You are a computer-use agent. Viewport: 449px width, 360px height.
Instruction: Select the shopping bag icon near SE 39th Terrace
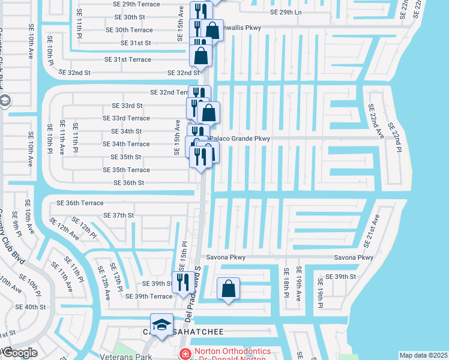[x=228, y=289]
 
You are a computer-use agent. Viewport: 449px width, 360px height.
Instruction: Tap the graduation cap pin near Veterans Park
[x=161, y=325]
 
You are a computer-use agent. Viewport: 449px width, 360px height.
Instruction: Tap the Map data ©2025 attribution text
[x=423, y=355]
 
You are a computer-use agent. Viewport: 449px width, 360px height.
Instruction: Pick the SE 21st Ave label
[x=372, y=231]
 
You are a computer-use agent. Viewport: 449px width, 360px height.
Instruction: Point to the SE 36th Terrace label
[x=80, y=203]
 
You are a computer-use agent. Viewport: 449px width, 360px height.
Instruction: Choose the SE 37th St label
[x=118, y=215]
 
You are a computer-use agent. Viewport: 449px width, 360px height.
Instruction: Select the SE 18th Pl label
[x=287, y=283]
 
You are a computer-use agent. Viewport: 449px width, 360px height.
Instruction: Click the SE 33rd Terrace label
[x=126, y=118]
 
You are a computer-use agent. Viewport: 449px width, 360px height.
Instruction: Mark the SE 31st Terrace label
[x=128, y=59]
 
